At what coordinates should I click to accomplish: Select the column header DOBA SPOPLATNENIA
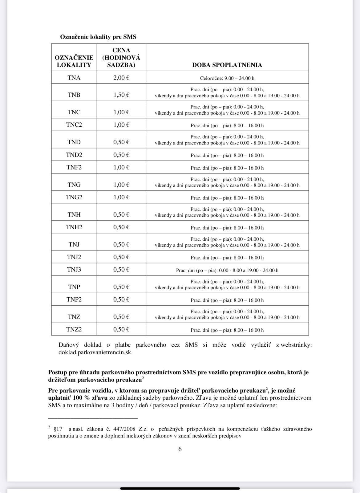coord(227,65)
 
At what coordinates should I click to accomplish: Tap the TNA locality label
coord(74,78)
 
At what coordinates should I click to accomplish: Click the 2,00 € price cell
coord(121,78)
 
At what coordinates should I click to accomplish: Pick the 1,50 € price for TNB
coord(121,95)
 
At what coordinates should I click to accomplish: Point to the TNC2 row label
coord(74,125)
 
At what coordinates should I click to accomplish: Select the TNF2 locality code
coord(74,167)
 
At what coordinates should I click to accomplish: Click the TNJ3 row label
coord(74,270)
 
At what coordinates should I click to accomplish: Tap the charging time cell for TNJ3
coord(227,271)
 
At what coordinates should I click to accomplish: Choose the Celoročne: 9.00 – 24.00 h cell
coord(227,78)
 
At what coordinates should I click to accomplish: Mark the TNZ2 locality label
coord(74,329)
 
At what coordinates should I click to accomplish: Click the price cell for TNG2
coord(121,197)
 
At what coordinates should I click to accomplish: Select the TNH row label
coord(74,215)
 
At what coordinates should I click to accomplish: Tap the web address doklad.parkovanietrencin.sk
coord(95,352)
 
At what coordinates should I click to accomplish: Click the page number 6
coord(180,449)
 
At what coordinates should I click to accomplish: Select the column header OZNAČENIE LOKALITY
coord(74,61)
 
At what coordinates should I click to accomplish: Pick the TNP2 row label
coord(74,299)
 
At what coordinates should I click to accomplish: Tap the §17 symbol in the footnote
coord(58,429)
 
